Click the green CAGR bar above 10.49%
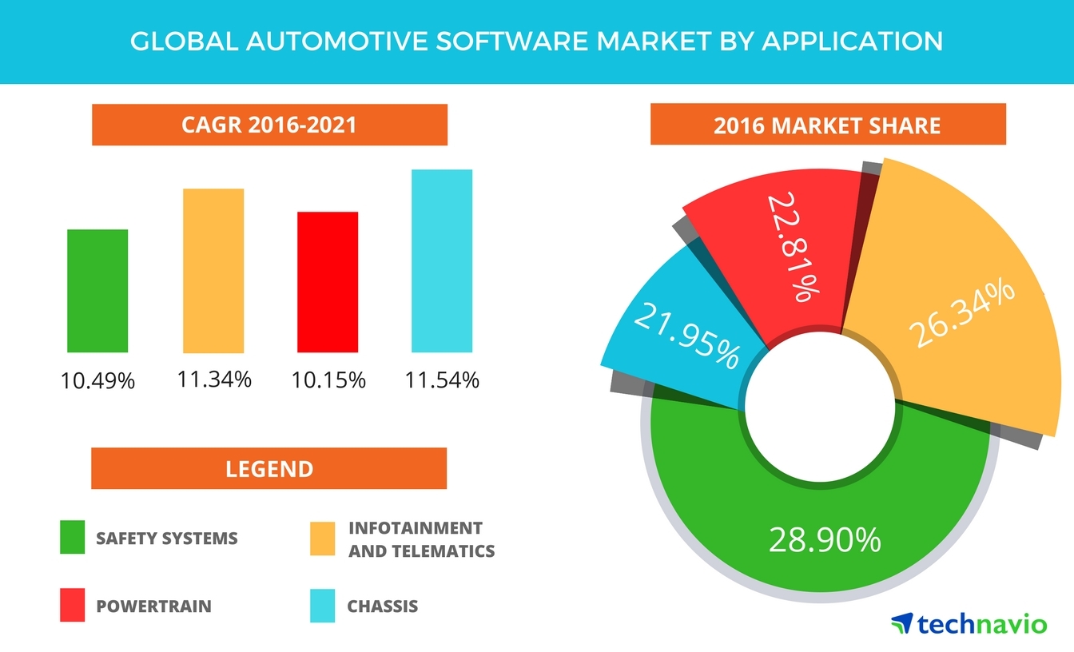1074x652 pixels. coord(97,291)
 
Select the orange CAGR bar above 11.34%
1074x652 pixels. coord(213,271)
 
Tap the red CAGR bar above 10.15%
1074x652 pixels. coord(328,282)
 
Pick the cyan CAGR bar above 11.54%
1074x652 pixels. coord(442,261)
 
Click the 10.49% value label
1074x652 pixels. coord(97,381)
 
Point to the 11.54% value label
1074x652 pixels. coord(442,380)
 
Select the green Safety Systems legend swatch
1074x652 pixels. coord(73,538)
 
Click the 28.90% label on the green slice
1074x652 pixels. coord(824,541)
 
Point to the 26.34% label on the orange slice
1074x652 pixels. coord(962,314)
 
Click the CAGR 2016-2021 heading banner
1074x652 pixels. coord(269,125)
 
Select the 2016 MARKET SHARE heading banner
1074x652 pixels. coord(827,125)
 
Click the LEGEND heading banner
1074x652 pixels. coord(269,468)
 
